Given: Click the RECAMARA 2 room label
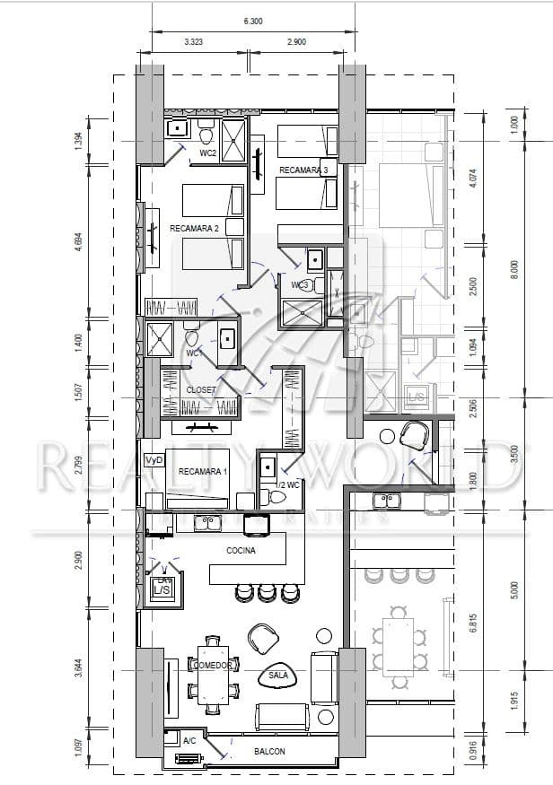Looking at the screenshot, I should (195, 229).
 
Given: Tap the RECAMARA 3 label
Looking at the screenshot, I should (304, 170).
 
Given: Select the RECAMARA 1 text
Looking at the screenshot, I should (203, 472).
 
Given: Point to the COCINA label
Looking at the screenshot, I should (241, 552).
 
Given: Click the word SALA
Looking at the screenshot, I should (278, 674).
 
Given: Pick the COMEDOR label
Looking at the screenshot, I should (214, 666).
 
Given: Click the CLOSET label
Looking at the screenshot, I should (200, 390).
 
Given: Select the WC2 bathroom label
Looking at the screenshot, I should (208, 153).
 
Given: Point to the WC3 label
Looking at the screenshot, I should (301, 285).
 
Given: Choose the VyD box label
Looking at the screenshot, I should (154, 459).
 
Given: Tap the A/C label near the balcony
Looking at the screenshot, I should (189, 741).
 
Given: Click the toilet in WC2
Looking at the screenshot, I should (206, 135).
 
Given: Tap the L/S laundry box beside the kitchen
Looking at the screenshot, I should (162, 589).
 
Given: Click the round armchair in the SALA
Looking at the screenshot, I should (265, 639).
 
